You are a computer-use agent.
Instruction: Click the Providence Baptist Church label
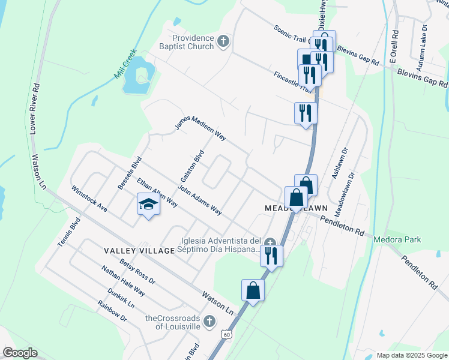click(x=187, y=42)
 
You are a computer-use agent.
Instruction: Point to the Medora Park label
click(x=414, y=240)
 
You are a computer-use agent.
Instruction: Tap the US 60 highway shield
click(x=225, y=333)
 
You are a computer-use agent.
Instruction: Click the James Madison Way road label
click(x=200, y=128)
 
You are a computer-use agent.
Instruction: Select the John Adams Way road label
click(x=200, y=203)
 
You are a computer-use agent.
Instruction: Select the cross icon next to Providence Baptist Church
click(x=223, y=41)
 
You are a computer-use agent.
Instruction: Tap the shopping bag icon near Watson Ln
click(x=253, y=290)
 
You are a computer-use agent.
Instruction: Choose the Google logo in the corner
click(x=19, y=353)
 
